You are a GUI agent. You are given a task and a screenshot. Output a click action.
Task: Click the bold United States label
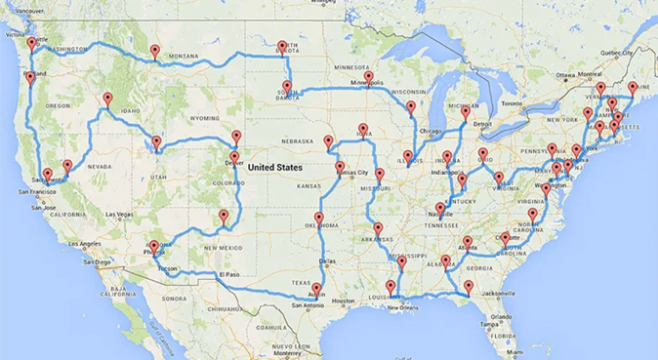[274, 167]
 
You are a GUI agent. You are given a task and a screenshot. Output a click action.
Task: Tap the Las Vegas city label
[121, 214]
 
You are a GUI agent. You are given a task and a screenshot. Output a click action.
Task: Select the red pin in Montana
[154, 51]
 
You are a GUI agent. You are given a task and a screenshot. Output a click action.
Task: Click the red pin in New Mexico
[224, 216]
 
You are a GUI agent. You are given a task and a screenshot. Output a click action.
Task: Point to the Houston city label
[344, 300]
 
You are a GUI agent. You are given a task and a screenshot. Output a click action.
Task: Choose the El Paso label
[228, 275]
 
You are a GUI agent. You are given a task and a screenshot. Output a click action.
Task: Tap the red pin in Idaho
[107, 98]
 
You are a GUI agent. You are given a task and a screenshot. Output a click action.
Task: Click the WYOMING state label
[205, 117]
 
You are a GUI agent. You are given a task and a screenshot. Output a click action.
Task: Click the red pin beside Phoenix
[153, 247]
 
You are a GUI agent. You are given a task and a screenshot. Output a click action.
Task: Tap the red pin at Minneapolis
[368, 76]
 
